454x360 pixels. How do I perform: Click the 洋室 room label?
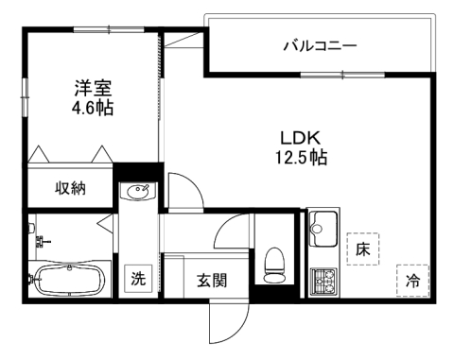point(94,90)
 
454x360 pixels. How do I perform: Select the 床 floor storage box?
point(362,249)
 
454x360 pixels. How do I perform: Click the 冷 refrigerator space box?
point(412,280)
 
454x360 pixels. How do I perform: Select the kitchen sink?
point(322,229)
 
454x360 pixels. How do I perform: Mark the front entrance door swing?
point(227,323)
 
